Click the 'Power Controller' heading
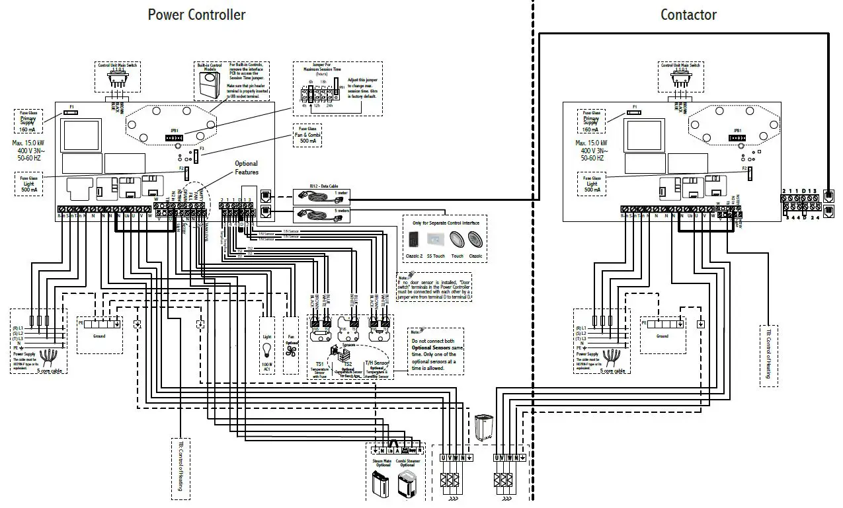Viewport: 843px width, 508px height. coord(196,15)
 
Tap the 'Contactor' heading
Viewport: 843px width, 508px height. coord(688,15)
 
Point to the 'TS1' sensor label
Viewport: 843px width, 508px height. coord(319,364)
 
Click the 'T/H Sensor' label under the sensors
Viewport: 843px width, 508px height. coord(377,363)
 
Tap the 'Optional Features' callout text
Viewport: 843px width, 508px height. coord(246,167)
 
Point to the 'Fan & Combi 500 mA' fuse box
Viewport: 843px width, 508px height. coord(307,136)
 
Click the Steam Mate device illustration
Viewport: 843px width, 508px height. coord(382,486)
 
